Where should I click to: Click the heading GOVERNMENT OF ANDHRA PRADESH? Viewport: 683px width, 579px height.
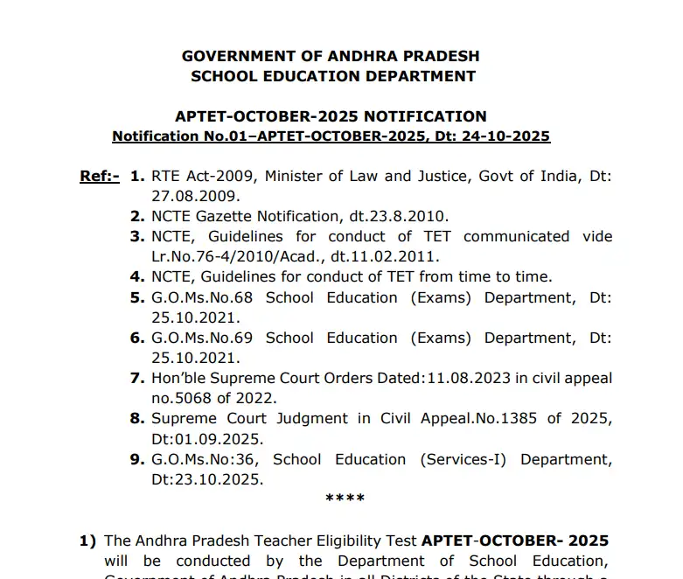[331, 56]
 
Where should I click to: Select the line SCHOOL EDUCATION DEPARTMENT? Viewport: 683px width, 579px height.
[333, 76]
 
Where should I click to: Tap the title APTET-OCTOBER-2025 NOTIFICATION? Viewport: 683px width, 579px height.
[331, 116]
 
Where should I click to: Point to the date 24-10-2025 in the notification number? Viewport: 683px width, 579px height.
[511, 136]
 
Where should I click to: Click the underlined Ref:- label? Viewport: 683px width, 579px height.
[100, 176]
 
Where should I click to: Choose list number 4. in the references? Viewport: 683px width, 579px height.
[136, 277]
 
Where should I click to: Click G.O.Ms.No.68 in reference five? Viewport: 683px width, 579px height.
[202, 297]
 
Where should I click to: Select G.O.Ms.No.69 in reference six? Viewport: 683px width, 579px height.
[202, 338]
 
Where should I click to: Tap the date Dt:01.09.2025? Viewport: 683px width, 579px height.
[206, 439]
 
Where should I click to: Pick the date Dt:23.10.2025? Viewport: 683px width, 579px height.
[206, 479]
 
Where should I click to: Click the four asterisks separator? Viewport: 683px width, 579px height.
[345, 499]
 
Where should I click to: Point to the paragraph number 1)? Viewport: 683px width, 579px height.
[87, 541]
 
